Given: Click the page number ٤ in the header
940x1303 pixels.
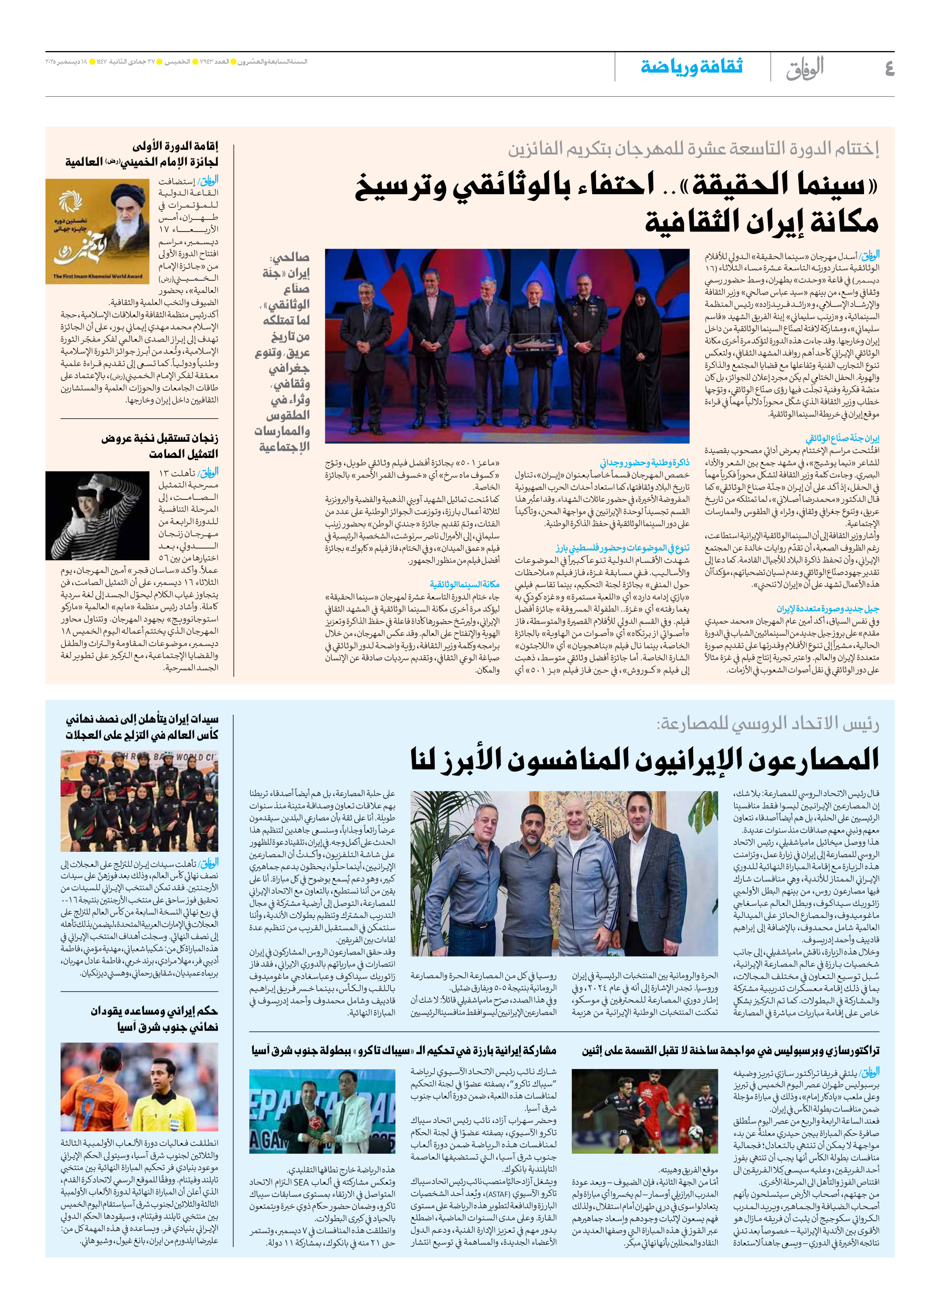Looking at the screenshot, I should click(889, 68).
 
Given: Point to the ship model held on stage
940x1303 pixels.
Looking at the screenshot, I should click(527, 343).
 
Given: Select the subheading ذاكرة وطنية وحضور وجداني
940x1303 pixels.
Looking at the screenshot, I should click(645, 463).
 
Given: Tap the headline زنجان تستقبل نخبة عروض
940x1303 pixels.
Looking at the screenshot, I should click(160, 439).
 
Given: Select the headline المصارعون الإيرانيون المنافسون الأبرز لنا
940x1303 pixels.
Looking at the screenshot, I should click(644, 759).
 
